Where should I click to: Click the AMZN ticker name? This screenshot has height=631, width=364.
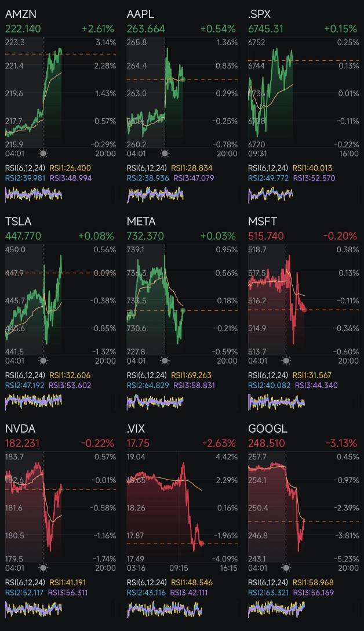(20, 13)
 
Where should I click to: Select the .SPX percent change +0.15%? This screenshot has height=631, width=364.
(340, 28)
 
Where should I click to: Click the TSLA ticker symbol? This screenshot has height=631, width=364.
(18, 222)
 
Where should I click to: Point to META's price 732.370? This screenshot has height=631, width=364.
(145, 236)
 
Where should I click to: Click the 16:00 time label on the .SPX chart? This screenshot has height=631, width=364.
(348, 154)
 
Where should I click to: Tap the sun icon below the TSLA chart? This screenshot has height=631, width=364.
(43, 361)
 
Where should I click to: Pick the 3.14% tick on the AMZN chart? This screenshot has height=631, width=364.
(105, 42)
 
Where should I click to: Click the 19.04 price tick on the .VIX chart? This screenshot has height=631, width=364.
(136, 457)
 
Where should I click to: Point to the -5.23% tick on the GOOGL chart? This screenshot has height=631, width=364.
(347, 559)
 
